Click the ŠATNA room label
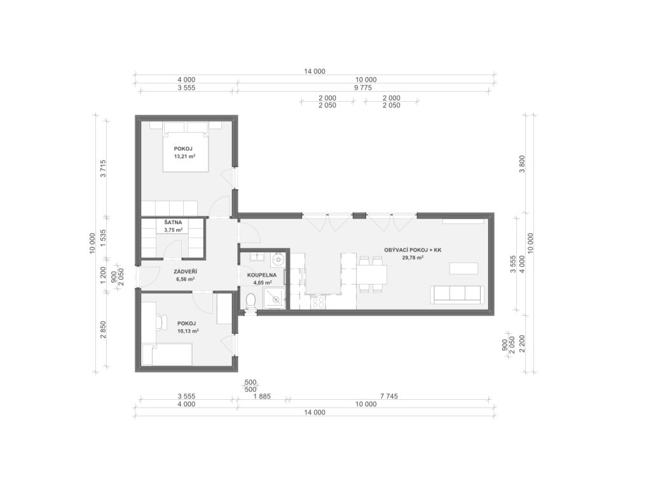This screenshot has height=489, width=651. point(173,222)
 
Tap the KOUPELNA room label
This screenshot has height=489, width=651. point(261,275)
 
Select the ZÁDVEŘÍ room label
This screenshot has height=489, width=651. point(185,271)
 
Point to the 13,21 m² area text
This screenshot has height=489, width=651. point(185,157)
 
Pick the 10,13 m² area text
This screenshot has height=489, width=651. point(188,331)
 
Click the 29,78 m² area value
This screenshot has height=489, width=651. point(412,258)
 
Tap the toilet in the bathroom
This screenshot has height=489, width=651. point(250,301)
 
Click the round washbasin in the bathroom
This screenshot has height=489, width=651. point(277,260)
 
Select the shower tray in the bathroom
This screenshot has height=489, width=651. point(274,298)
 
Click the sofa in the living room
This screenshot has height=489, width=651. point(457,294)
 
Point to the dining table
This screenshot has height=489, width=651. point(371,274)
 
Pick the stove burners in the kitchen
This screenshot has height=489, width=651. point(319,302)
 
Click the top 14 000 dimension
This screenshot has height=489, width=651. point(315,71)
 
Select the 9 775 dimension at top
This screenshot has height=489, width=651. point(362,88)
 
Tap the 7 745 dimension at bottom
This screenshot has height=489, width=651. point(388,396)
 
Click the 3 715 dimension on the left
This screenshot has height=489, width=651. point(103,168)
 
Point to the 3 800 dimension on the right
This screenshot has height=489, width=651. point(522,164)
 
